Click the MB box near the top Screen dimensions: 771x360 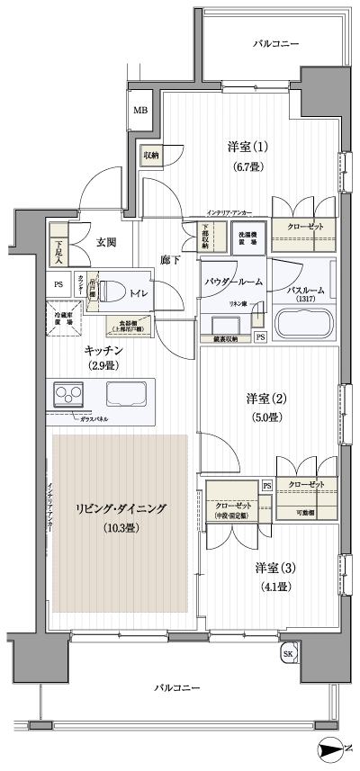click(140, 111)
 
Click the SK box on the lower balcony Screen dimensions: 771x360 click(287, 652)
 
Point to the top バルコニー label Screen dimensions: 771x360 click(275, 44)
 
